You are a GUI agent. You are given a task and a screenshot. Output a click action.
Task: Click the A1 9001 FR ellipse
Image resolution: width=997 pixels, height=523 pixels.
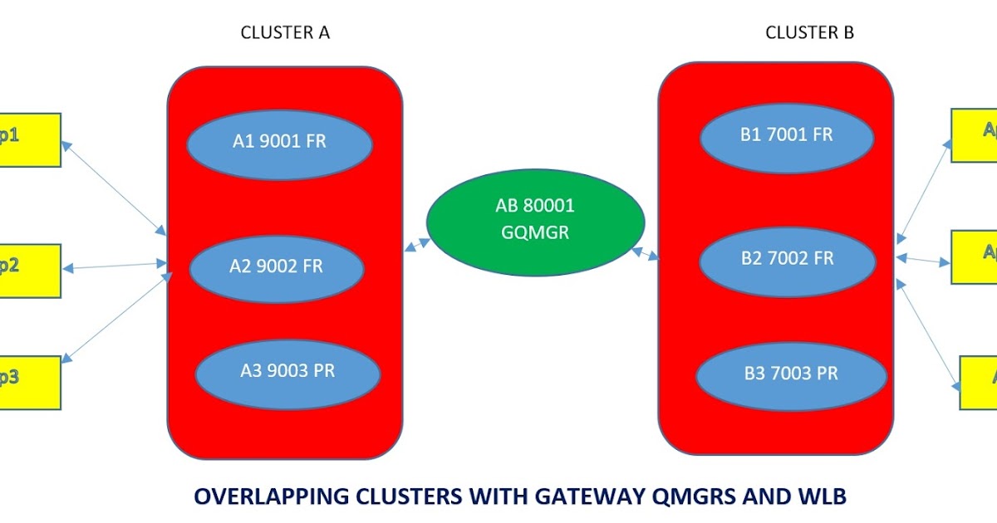pyautogui.click(x=279, y=142)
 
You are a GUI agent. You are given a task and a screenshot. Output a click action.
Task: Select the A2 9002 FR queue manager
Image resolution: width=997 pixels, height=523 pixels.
pyautogui.click(x=277, y=267)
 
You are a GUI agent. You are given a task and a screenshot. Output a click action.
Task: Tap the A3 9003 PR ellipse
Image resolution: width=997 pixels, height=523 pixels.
pyautogui.click(x=287, y=371)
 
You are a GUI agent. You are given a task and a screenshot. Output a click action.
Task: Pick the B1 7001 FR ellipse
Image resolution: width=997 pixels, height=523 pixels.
pyautogui.click(x=786, y=134)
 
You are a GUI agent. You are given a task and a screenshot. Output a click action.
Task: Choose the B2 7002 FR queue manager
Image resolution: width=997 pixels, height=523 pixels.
pyautogui.click(x=787, y=259)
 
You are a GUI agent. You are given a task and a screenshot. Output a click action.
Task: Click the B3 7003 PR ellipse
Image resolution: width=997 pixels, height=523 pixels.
pyautogui.click(x=790, y=373)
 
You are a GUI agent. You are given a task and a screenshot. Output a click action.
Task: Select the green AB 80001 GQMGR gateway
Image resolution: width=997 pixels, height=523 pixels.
pyautogui.click(x=535, y=219)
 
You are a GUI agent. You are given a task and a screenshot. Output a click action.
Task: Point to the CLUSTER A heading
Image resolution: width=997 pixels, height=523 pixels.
pyautogui.click(x=285, y=32)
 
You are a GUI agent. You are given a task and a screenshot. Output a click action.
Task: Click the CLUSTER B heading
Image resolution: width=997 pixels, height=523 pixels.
pyautogui.click(x=809, y=32)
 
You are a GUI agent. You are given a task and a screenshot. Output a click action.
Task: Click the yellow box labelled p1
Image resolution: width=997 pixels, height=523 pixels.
pyautogui.click(x=29, y=139)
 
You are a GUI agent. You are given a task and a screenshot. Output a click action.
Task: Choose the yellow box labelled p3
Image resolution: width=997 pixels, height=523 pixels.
pyautogui.click(x=29, y=382)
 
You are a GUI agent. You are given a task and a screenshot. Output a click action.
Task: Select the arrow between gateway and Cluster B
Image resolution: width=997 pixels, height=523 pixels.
pyautogui.click(x=645, y=252)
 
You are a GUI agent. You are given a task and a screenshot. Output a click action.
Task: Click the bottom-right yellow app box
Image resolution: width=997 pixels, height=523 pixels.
pyautogui.click(x=978, y=382)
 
